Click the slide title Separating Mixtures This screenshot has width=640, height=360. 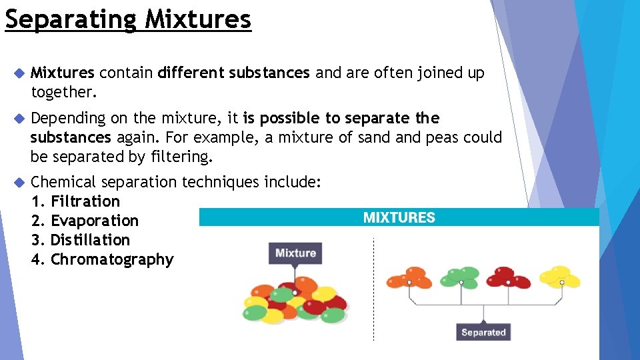pyautogui.click(x=128, y=19)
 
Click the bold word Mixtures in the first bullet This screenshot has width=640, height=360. pyautogui.click(x=63, y=73)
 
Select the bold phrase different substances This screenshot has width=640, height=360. pyautogui.click(x=234, y=73)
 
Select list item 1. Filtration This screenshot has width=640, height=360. pyautogui.click(x=75, y=201)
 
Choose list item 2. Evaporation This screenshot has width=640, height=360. pyautogui.click(x=85, y=221)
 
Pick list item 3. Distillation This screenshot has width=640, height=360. pyautogui.click(x=81, y=240)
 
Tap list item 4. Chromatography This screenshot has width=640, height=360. pyautogui.click(x=102, y=259)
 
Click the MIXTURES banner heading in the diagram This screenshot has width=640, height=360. pyautogui.click(x=399, y=217)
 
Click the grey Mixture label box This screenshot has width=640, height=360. pyautogui.click(x=295, y=253)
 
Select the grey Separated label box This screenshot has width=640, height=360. pyautogui.click(x=483, y=332)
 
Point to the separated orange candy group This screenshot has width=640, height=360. pyautogui.click(x=410, y=277)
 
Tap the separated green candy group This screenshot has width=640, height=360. pyautogui.click(x=461, y=277)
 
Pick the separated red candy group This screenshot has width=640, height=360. pyautogui.click(x=509, y=277)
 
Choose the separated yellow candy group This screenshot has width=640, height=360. pyautogui.click(x=560, y=277)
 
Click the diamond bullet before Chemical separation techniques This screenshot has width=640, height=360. pyautogui.click(x=19, y=182)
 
